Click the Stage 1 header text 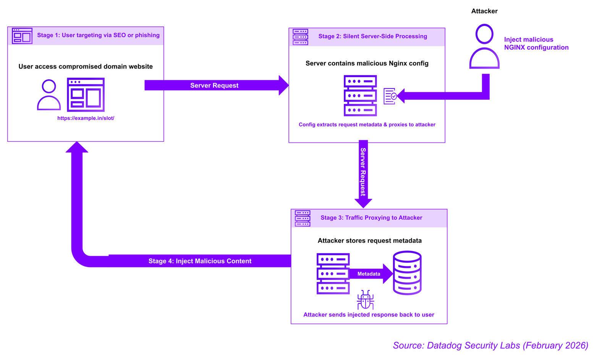point(98,35)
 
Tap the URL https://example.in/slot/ point(86,118)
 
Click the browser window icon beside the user point(86,95)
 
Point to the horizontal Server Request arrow point(214,85)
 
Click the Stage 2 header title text point(372,36)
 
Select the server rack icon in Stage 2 point(360,96)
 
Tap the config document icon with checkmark point(390,96)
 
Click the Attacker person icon point(484,46)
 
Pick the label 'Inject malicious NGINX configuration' point(536,44)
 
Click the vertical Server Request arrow point(363,172)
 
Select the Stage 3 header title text point(371,218)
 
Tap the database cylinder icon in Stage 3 point(407,273)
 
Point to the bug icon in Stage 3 point(366,300)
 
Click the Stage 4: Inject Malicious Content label point(200,261)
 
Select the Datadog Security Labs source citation point(490,345)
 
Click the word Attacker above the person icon point(484,11)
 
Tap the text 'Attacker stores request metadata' point(369,241)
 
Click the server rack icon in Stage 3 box point(333,274)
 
